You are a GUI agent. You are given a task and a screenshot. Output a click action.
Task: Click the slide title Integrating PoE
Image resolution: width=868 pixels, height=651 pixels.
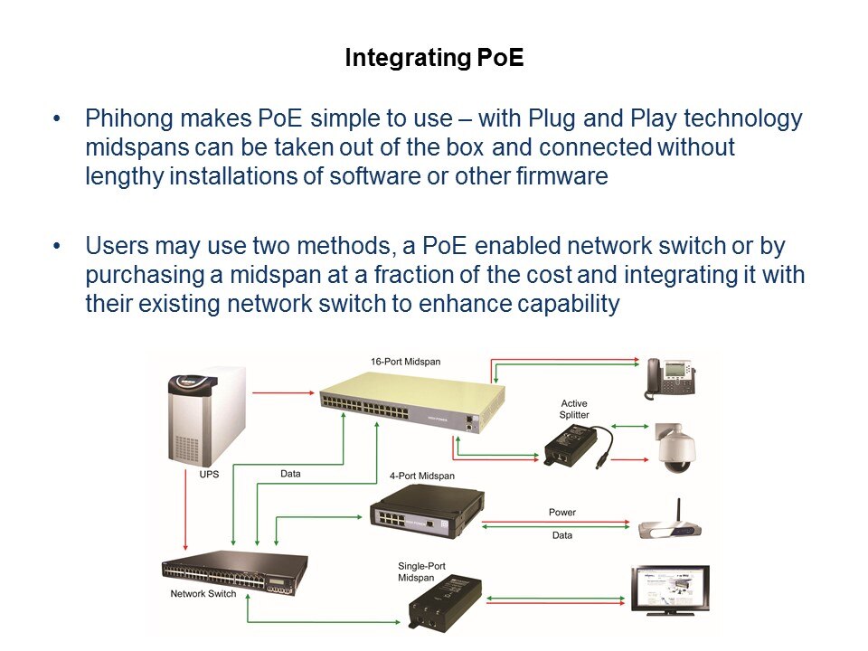[434, 60]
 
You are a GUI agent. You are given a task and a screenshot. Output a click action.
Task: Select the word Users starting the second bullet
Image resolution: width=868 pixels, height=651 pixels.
[115, 246]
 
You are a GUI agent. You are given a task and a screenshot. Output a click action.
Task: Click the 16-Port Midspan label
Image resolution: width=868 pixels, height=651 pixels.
[405, 362]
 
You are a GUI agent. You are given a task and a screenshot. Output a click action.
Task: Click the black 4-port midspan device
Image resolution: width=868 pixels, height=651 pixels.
[425, 512]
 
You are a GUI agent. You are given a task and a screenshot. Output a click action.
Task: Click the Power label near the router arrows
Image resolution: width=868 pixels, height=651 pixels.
[561, 513]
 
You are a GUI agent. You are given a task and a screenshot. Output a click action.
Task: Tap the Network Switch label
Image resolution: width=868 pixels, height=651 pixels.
[203, 594]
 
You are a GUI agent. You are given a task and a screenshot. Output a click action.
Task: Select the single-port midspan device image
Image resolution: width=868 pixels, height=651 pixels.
[443, 602]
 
